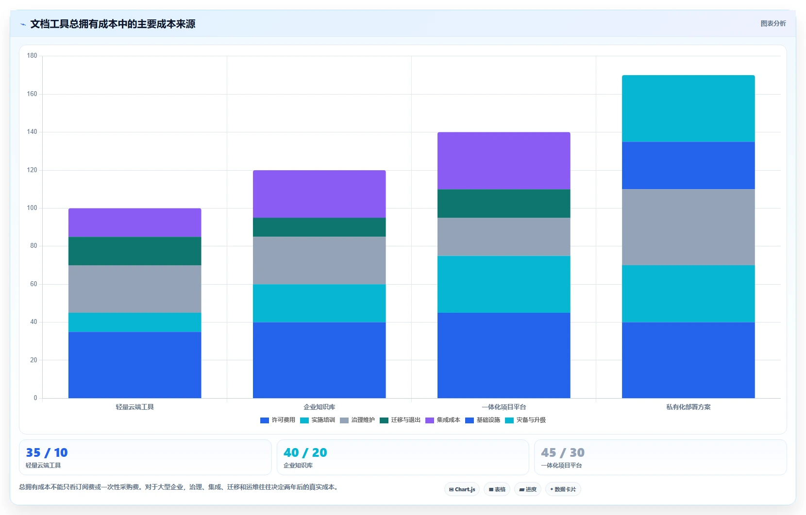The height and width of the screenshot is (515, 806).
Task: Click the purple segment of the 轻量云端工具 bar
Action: click(134, 223)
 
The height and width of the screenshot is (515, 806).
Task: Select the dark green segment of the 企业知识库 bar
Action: click(319, 227)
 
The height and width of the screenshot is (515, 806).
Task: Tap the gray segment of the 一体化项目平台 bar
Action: click(504, 237)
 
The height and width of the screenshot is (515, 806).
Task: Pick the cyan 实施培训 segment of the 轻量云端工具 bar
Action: click(134, 322)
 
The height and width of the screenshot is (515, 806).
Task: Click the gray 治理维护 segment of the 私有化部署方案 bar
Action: click(688, 227)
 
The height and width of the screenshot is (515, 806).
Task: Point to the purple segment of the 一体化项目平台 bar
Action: click(504, 161)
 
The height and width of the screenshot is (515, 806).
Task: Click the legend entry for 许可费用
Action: click(277, 420)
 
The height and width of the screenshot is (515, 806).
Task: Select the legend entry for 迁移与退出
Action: click(400, 420)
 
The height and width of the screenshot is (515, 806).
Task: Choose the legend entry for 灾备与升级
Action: click(525, 420)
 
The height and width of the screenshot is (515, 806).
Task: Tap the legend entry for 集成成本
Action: click(443, 420)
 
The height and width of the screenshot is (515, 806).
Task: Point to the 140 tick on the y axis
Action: click(32, 132)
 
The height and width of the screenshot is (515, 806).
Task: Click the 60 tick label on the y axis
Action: click(34, 284)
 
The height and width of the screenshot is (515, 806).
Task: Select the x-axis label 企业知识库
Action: click(319, 407)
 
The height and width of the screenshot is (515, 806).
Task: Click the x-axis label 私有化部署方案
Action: click(688, 407)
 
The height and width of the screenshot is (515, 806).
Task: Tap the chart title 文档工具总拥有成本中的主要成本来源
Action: click(113, 24)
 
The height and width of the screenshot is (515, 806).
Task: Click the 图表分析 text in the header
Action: click(773, 24)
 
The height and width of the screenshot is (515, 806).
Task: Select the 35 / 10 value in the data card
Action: click(47, 452)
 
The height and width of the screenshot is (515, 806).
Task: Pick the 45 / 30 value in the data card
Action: click(563, 452)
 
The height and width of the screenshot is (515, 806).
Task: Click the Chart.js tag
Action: click(462, 489)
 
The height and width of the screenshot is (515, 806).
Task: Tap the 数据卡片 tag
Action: click(563, 489)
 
